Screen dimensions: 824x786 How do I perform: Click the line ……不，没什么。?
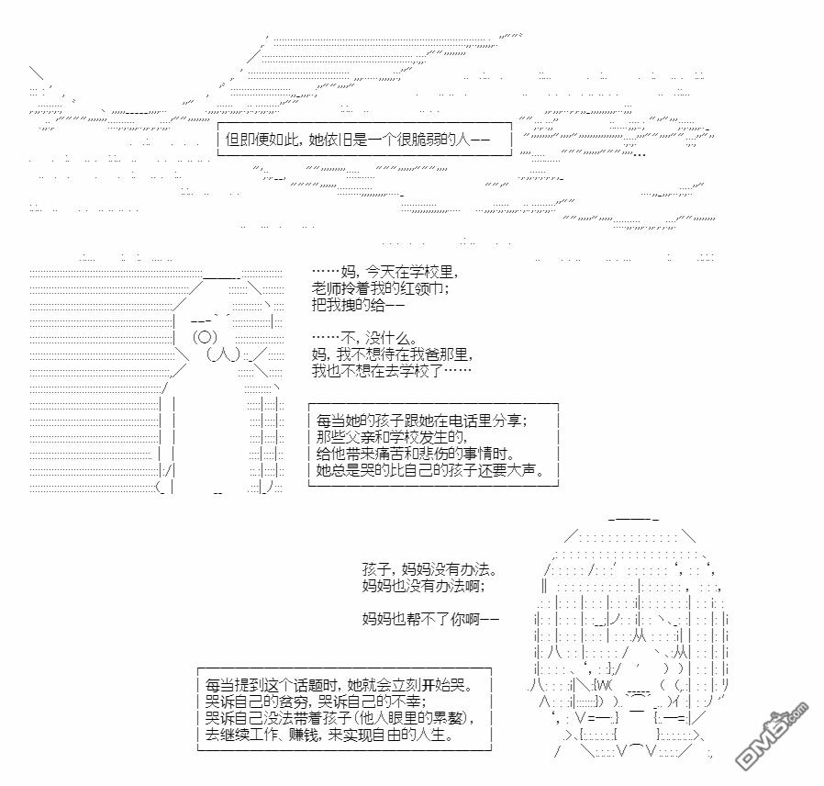click(x=364, y=338)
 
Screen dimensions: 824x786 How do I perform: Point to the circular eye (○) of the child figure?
click(x=205, y=337)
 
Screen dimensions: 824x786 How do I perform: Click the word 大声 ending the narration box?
click(x=522, y=469)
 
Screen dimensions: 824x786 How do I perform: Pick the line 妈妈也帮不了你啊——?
click(x=430, y=619)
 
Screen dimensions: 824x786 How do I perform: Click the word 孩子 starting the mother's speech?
click(x=376, y=569)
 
